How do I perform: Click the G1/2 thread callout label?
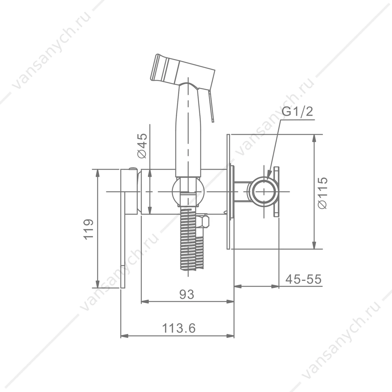pos(297,112)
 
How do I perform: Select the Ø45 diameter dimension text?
pos(142,146)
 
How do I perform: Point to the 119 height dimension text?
pos(89,229)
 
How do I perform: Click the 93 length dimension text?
pos(187,295)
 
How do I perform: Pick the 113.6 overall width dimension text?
pos(179,328)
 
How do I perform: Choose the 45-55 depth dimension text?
pos(303,279)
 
